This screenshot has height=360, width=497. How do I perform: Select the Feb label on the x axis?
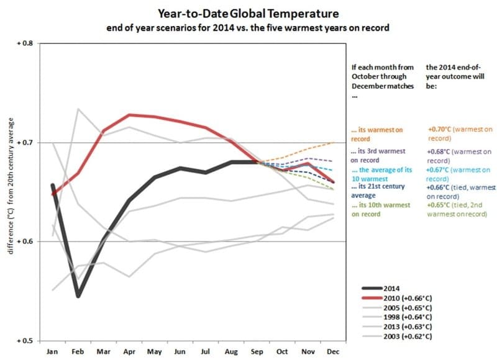78,351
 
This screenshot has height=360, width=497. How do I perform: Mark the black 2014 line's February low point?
78,296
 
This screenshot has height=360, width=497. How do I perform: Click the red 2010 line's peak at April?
129,115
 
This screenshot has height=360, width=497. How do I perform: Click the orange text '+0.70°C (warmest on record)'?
459,133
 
